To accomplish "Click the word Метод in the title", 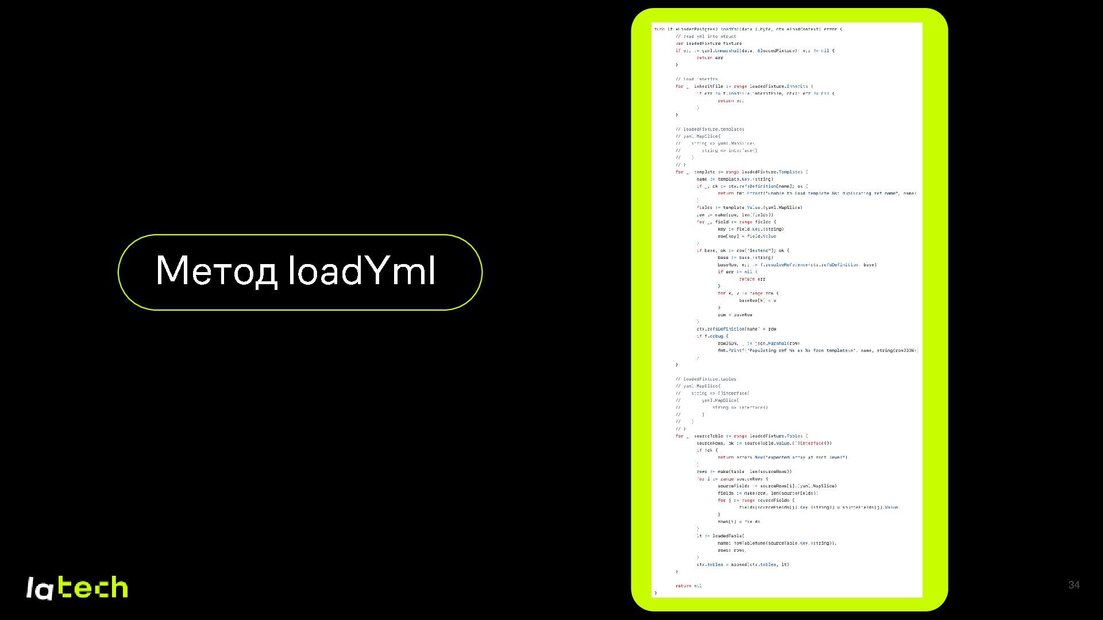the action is coord(216,270).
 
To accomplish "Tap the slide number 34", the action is coord(1073,585).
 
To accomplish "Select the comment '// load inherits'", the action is coord(696,79).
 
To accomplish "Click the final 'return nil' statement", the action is coord(688,586).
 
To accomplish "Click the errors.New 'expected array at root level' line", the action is coord(782,458).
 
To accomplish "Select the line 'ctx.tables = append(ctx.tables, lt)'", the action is coord(742,564).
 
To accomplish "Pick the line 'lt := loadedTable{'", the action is coord(720,536).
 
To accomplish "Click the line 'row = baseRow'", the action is coord(734,315).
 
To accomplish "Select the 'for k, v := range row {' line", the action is coord(747,293).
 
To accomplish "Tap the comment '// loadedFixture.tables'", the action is coord(705,379).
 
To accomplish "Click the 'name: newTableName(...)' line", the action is coord(776,543).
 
